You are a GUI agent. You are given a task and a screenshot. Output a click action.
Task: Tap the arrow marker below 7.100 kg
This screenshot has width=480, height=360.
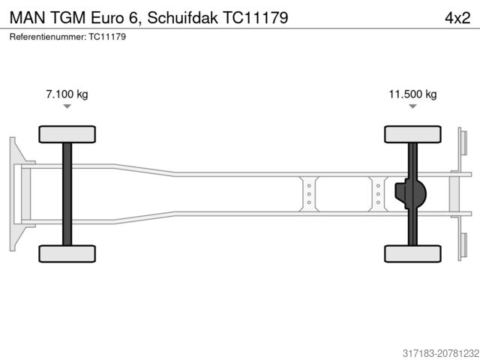[x=67, y=106]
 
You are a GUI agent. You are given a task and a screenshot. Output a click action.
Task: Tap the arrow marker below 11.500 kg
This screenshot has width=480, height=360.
[x=412, y=106]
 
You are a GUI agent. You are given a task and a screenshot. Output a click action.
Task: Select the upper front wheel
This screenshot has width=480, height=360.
[x=67, y=134]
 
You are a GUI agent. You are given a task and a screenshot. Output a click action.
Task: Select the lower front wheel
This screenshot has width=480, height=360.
[x=67, y=253]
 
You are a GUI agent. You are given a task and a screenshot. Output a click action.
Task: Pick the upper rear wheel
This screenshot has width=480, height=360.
[x=412, y=134]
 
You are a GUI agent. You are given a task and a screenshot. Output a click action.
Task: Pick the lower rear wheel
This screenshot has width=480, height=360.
[x=412, y=253]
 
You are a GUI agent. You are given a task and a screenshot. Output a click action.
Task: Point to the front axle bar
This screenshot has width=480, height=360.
[x=67, y=193]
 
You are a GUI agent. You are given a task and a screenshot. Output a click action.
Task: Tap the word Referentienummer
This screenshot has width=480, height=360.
[x=47, y=37]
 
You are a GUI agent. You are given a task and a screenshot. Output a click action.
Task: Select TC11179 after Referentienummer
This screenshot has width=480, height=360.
[x=107, y=37]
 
